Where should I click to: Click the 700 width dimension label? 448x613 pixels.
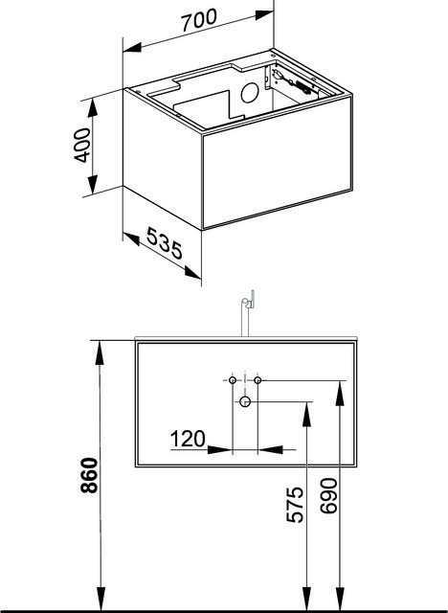(x=199, y=20)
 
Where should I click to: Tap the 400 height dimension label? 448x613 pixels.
(x=82, y=145)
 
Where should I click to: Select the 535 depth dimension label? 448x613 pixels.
(x=165, y=243)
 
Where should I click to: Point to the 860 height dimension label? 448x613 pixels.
(x=89, y=475)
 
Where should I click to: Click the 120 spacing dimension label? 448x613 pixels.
(x=188, y=439)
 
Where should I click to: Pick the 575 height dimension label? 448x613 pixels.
(x=295, y=505)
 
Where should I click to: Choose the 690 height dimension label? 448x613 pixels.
(x=328, y=496)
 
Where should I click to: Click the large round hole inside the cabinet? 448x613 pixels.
(x=250, y=93)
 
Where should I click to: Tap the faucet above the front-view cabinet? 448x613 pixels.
(x=247, y=313)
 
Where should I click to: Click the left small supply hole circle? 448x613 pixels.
(x=233, y=380)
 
